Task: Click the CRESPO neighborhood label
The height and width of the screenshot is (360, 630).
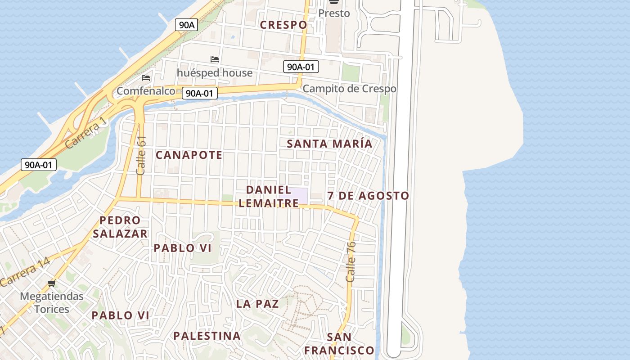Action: (x=283, y=25)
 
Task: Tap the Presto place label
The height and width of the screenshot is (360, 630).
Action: (x=334, y=13)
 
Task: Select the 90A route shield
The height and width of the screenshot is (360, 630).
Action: (x=186, y=25)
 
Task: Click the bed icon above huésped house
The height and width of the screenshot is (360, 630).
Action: (x=215, y=59)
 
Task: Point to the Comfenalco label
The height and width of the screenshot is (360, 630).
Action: (x=146, y=91)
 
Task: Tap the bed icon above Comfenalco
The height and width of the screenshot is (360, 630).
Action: (x=146, y=78)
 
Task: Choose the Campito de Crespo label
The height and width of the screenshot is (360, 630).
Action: (x=349, y=89)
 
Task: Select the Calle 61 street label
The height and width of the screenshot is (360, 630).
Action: (x=141, y=155)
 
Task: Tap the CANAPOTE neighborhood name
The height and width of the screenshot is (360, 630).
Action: (x=189, y=155)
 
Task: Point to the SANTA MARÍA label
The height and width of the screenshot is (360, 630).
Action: (x=329, y=144)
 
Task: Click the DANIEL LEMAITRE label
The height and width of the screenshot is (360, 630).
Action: (x=269, y=197)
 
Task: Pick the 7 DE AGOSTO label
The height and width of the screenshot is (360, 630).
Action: (x=368, y=196)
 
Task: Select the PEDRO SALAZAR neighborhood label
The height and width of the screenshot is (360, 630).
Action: (x=120, y=227)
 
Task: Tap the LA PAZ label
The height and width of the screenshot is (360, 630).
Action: (x=257, y=304)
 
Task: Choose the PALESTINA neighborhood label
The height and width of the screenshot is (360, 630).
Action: (x=207, y=336)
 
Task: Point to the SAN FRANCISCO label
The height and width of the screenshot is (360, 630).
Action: (x=339, y=344)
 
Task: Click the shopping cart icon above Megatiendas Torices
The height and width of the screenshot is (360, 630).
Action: (x=52, y=283)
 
